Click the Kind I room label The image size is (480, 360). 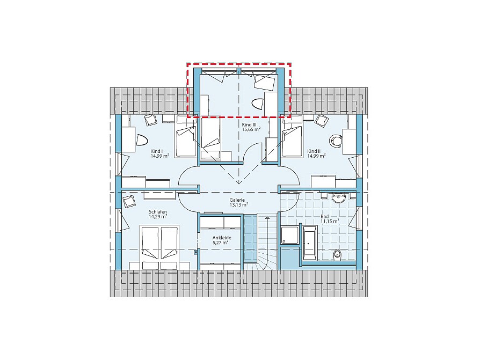click(156, 151)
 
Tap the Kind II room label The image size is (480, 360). click(314, 151)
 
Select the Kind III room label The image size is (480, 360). click(249, 125)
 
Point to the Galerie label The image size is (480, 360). click(237, 200)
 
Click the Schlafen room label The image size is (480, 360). click(158, 212)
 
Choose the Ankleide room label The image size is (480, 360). click(222, 238)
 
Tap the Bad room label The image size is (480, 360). click(325, 217)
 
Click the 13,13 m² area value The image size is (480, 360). click(239, 204)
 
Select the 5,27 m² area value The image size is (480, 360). click(221, 243)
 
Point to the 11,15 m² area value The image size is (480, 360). click(330, 221)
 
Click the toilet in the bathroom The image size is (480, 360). click(337, 254)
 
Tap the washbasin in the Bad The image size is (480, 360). click(339, 197)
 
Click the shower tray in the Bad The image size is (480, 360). click(289, 235)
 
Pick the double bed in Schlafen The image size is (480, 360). click(159, 247)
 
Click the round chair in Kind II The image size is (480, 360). click(336, 141)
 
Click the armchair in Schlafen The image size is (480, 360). click(128, 201)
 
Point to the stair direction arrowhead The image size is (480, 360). click(268, 218)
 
